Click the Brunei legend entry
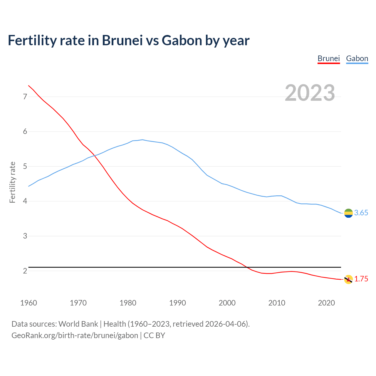coord(328,58)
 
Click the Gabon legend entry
coord(357,58)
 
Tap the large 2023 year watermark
coord(310,93)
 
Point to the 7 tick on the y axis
coord(25,97)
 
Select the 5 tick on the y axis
coord(25,167)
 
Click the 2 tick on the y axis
coord(25,271)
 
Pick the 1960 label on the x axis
coord(28,303)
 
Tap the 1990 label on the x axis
coord(177,303)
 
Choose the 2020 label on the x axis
coord(326,303)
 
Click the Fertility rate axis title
coord(12,182)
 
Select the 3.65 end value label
coord(361,213)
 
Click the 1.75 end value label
coord(361,279)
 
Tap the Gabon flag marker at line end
coord(348,213)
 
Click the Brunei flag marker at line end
coord(348,279)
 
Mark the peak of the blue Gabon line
coord(142,140)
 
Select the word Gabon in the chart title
coord(182,40)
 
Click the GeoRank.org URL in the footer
coord(75,335)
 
